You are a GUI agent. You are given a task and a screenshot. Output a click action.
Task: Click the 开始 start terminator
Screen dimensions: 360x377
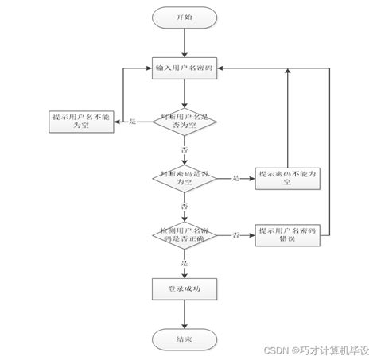tap(184, 17)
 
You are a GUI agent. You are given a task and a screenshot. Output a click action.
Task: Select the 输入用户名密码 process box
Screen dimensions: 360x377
tap(184, 68)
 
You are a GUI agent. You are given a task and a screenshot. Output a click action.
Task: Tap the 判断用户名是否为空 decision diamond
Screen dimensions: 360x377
tap(184, 121)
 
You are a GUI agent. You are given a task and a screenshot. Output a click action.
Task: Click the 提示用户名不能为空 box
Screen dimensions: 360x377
tap(80, 121)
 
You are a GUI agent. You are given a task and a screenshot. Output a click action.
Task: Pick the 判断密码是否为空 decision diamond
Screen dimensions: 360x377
tap(184, 178)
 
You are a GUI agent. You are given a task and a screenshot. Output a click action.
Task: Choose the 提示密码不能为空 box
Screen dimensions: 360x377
tap(287, 178)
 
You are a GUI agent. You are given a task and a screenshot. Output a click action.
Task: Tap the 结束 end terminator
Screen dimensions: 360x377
tap(184, 339)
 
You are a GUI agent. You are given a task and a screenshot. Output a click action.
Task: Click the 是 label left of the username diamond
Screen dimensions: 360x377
tap(133, 122)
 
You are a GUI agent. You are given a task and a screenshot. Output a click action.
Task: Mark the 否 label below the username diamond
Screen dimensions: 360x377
tap(184, 149)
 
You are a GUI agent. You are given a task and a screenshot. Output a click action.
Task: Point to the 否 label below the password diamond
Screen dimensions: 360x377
tap(184, 206)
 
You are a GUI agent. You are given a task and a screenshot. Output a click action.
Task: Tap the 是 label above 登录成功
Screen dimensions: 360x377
tap(184, 262)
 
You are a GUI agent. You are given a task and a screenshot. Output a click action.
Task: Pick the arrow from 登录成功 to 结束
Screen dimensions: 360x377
tap(184, 315)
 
